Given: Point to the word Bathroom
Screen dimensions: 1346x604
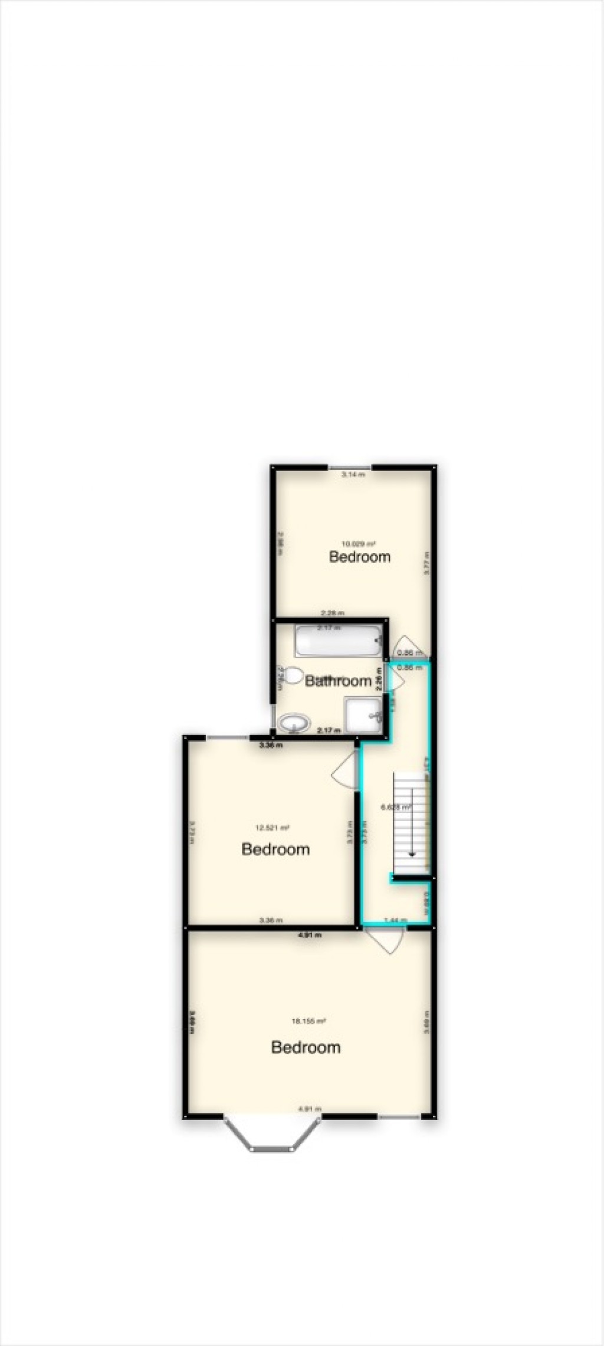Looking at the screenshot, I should click(x=338, y=681).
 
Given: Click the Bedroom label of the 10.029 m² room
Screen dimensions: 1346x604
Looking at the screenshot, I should click(x=360, y=557).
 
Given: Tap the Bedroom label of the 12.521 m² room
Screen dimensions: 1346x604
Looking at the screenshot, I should click(x=275, y=849).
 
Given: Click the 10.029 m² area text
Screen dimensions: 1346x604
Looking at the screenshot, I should click(x=359, y=543).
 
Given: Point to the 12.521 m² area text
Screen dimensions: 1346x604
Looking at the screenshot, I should click(x=272, y=828).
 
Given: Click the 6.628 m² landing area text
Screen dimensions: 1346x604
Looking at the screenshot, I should click(x=396, y=808).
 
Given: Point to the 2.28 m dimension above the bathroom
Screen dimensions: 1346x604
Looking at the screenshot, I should click(x=332, y=613).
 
